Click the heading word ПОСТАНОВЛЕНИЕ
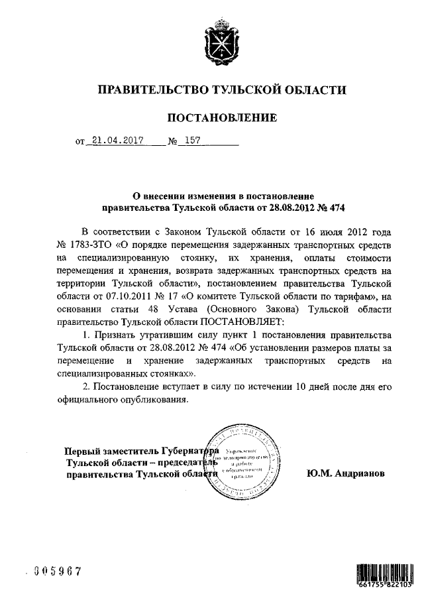click(221, 118)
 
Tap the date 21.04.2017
click(113, 141)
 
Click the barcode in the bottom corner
click(384, 570)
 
